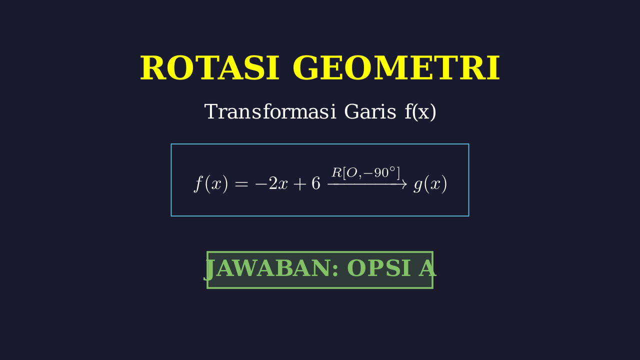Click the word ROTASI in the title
[x=209, y=68]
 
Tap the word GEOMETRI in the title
[x=396, y=68]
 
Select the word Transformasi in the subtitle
[x=270, y=111]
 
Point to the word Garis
[x=370, y=111]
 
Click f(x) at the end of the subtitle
[x=420, y=112]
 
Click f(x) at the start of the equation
[x=211, y=183]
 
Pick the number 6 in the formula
[x=315, y=183]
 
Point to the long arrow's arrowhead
[x=404, y=184]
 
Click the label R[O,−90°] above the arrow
[x=365, y=173]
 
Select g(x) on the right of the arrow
[x=430, y=184]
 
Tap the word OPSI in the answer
[x=379, y=268]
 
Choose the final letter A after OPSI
[x=427, y=268]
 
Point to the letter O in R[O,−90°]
[x=352, y=172]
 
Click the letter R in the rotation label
[x=337, y=172]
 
